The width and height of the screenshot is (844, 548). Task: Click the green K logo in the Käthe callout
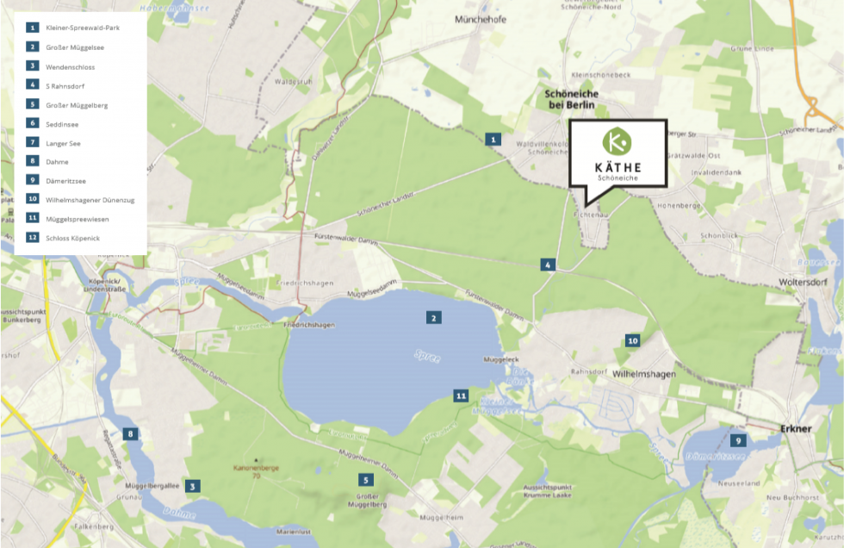click(617, 141)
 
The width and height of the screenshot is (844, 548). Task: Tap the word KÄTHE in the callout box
click(617, 167)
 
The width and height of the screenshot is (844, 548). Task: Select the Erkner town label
click(795, 427)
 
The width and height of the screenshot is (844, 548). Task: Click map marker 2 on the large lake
click(434, 318)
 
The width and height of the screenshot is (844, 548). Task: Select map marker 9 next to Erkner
click(738, 439)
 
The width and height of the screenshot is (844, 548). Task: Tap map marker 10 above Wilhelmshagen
click(633, 341)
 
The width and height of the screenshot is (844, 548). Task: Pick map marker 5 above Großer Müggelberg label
click(365, 480)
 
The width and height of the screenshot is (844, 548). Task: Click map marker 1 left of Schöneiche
click(493, 139)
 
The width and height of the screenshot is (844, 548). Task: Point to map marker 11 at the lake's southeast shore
click(461, 395)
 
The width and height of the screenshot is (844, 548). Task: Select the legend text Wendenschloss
click(71, 66)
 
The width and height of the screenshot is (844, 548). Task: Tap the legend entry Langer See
click(63, 143)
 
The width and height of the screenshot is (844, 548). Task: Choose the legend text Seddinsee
click(62, 124)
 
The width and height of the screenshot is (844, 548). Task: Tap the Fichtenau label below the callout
click(596, 204)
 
